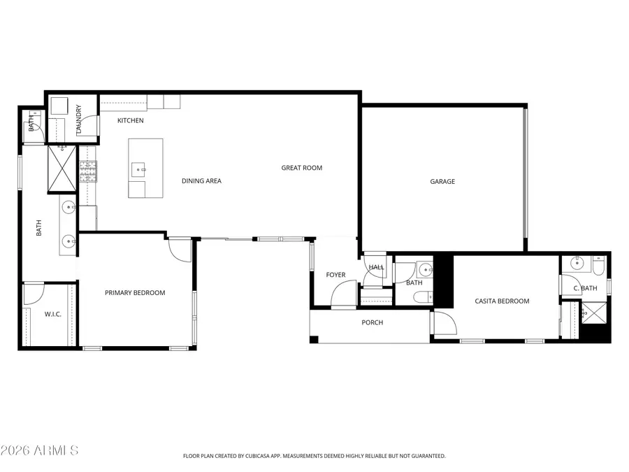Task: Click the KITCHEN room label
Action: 131,121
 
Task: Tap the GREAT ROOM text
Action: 302,168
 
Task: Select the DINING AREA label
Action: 201,181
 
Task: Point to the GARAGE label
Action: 442,182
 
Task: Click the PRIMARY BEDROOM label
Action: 135,293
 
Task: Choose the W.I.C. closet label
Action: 53,315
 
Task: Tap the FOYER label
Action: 336,275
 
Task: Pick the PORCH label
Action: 372,322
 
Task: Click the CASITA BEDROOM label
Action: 502,301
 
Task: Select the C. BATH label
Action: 585,289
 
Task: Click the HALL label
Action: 376,267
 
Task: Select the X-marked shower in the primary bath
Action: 61,169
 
